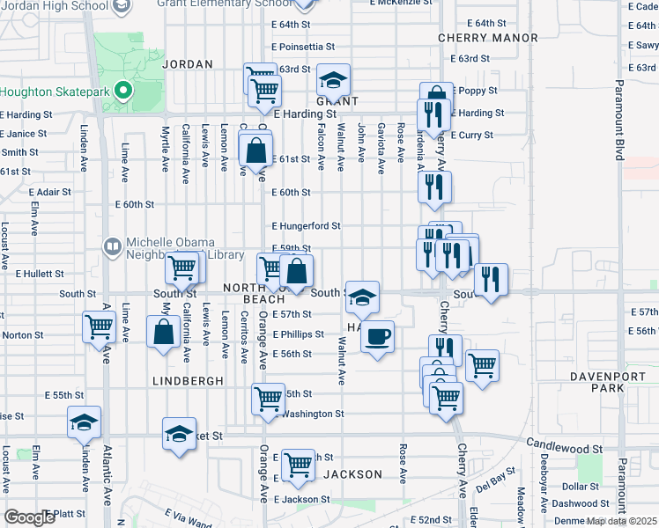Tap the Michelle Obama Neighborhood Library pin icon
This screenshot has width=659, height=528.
[x=113, y=248]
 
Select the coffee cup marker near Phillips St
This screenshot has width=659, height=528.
[x=378, y=336]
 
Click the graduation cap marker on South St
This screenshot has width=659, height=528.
[x=362, y=297]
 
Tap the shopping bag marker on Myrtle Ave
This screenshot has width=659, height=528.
[x=163, y=332]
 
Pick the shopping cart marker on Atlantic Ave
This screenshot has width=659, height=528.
[x=99, y=327]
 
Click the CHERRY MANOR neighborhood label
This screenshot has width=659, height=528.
[x=487, y=38]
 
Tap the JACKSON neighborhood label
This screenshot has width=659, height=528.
[x=352, y=474]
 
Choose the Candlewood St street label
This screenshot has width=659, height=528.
[x=564, y=449]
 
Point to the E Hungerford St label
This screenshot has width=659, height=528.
[x=306, y=226]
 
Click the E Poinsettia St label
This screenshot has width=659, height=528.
[x=305, y=47]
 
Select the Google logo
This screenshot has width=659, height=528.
[x=30, y=517]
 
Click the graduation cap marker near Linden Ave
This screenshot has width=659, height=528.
[x=84, y=422]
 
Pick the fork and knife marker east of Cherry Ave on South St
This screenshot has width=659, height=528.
[x=491, y=281]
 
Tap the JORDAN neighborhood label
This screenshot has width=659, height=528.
[x=188, y=64]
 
